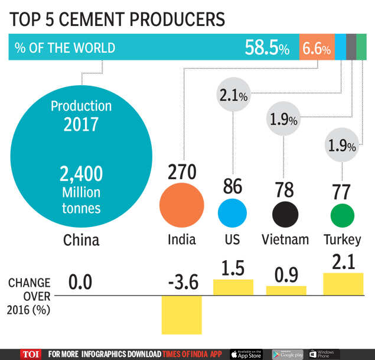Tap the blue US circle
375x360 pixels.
[x=232, y=213]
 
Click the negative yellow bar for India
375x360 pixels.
[x=182, y=314]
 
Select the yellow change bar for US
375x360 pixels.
[x=233, y=287]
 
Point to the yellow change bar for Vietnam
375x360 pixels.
[x=286, y=290]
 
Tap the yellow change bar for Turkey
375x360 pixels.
[x=343, y=284]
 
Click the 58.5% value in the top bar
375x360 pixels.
[x=267, y=48]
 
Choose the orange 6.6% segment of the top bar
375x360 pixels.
[x=316, y=48]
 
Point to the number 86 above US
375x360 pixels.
[x=232, y=186]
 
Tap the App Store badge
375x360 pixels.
[x=246, y=354]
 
